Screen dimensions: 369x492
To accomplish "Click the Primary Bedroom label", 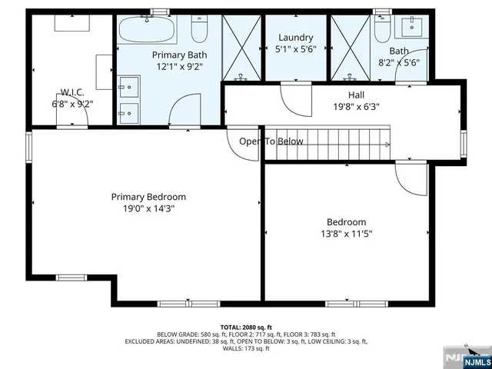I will pos(148,197).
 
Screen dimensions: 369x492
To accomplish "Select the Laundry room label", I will pos(295,38).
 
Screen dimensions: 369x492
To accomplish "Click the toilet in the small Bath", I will pos(382,31).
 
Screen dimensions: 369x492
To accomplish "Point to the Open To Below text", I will pos(271,141).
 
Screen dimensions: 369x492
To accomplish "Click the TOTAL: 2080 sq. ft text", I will pos(246,327).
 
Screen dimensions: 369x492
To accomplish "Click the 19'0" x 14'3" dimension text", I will pos(148,208).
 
